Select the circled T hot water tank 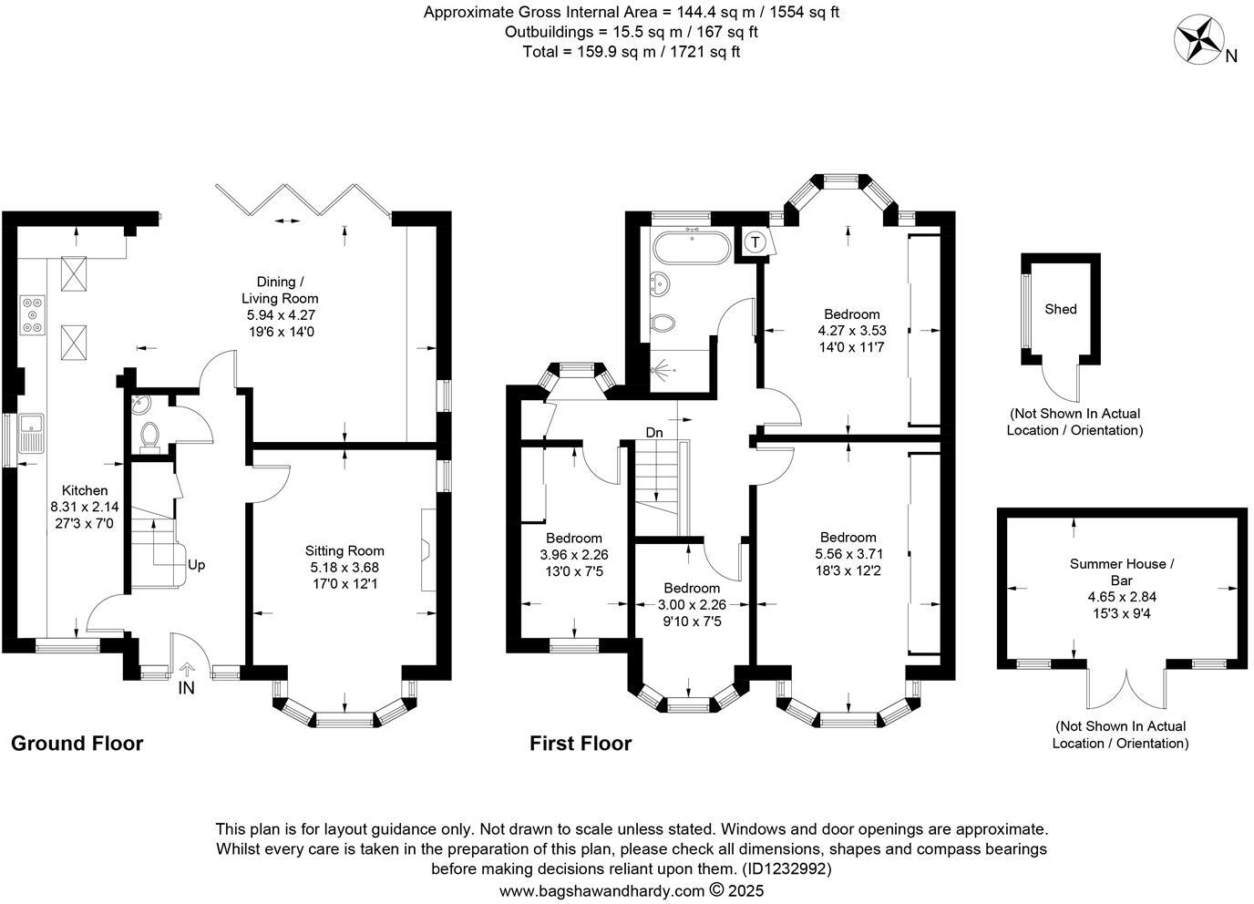point(755,242)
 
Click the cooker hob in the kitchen point(32,315)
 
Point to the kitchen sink point(32,433)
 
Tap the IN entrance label point(187,688)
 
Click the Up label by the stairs point(197,565)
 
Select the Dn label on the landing point(653,433)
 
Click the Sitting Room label point(344,550)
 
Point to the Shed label point(1060,309)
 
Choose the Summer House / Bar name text point(1121,572)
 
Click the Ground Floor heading point(77,744)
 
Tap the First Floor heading point(581,744)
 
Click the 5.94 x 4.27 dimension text point(281,315)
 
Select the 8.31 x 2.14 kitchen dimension point(85,508)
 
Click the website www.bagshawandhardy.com point(601,890)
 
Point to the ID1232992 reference point(787,868)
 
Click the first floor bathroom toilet point(663,323)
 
